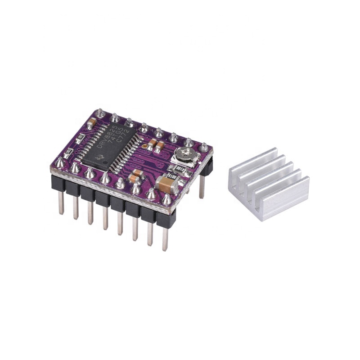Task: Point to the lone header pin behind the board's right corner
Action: [x=201, y=184]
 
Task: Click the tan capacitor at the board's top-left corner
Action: [x=92, y=122]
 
